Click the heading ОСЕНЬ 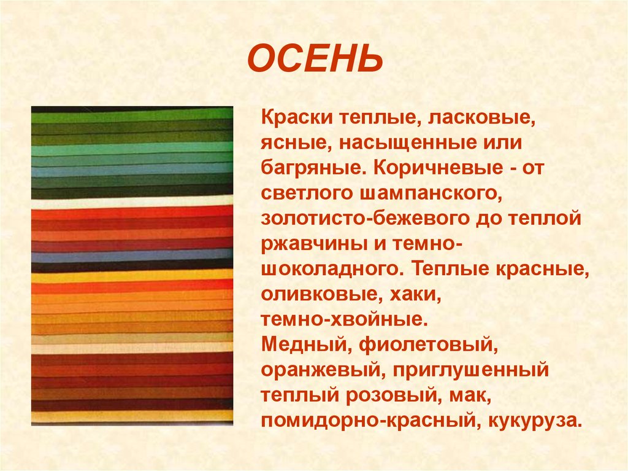tap(315, 60)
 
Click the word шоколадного tap(332, 270)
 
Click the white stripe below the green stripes tap(132, 201)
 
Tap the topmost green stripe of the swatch tap(132, 114)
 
